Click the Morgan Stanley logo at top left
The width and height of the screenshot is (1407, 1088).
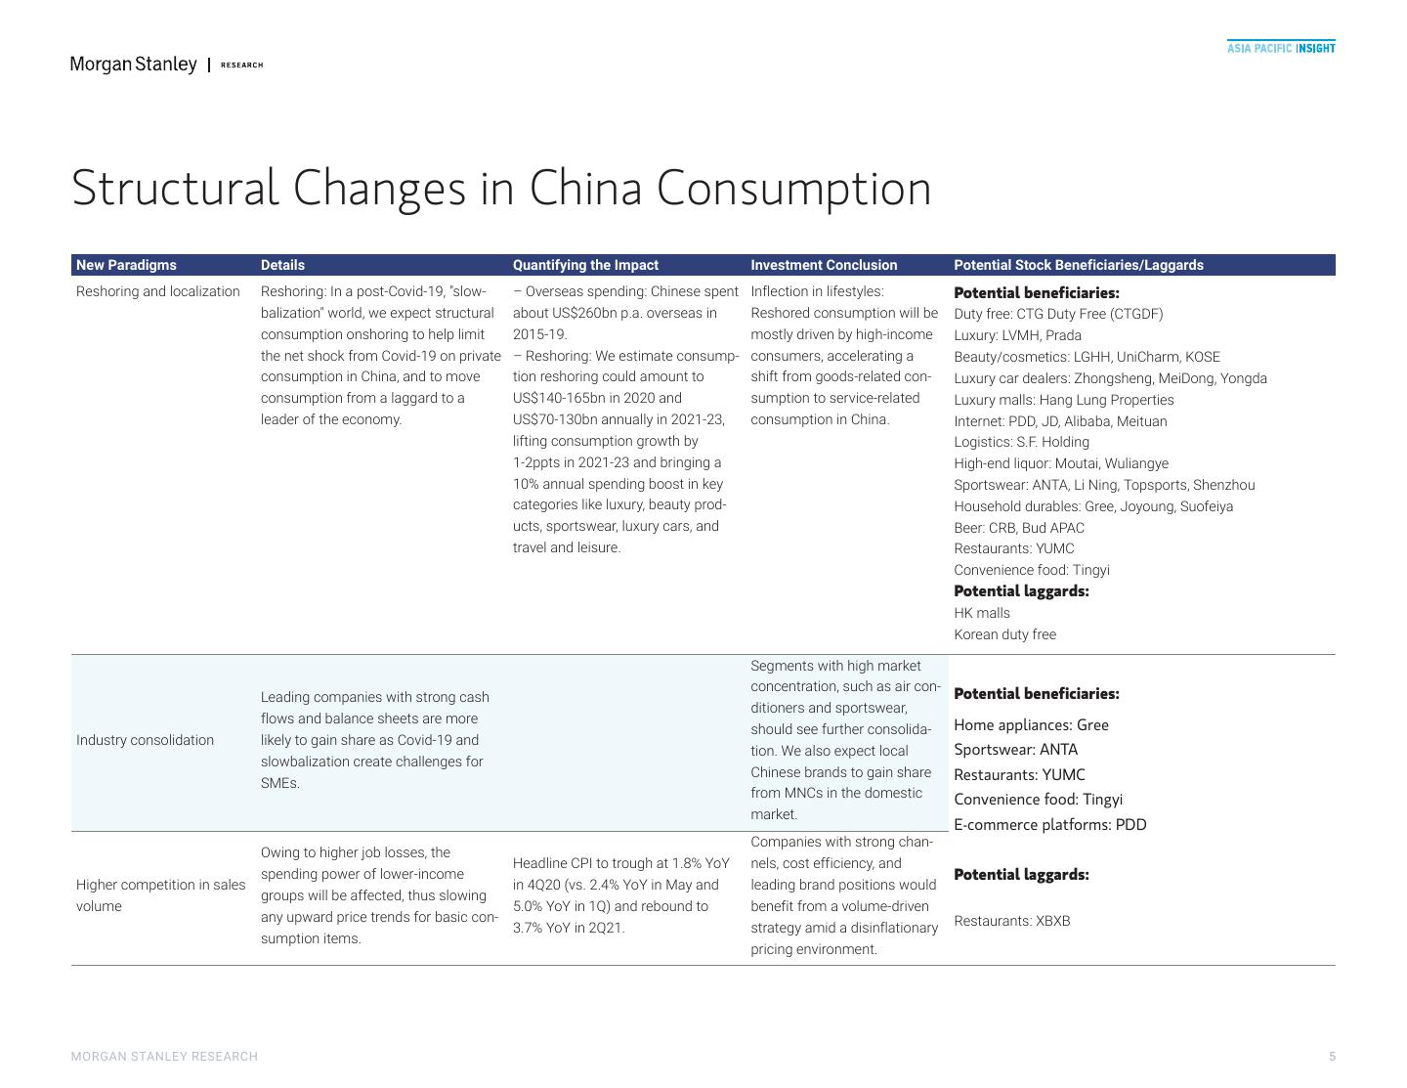133,65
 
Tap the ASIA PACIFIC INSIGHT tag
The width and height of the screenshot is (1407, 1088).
1280,48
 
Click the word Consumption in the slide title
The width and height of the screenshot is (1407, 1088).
793,188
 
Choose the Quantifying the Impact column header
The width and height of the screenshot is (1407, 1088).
585,265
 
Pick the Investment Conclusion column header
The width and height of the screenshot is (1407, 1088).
823,265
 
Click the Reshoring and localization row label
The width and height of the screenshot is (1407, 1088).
157,291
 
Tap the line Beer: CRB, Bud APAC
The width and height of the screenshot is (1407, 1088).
1018,528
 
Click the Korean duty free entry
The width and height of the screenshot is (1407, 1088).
1004,634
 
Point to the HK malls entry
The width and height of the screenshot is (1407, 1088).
981,613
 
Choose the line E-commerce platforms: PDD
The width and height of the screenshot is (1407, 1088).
1049,824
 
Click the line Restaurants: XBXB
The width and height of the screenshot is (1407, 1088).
1011,921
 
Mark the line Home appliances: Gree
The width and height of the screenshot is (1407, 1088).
1031,724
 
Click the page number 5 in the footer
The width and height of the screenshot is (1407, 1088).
1332,1057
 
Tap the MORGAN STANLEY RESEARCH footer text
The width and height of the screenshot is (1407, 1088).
164,1057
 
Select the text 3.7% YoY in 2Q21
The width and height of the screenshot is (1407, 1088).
568,928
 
